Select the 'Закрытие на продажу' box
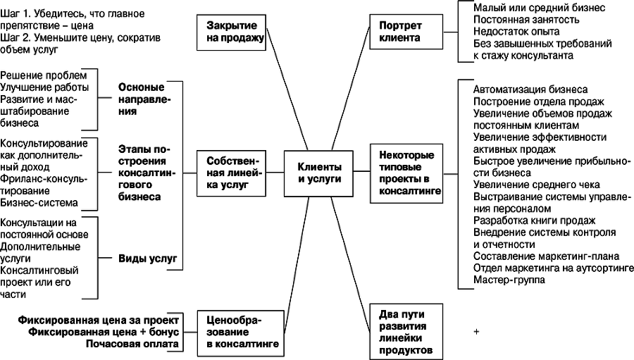coord(231,30)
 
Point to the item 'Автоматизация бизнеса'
coord(530,89)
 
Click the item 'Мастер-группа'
coord(509,280)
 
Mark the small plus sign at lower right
coord(477,330)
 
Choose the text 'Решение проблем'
coord(44,75)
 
